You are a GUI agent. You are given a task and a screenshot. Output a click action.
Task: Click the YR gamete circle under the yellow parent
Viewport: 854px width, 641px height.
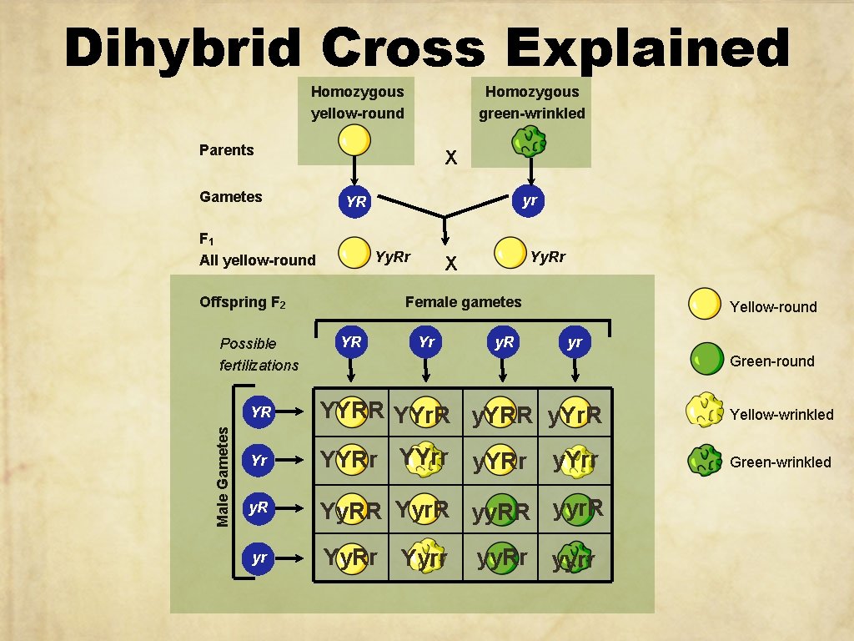click(355, 201)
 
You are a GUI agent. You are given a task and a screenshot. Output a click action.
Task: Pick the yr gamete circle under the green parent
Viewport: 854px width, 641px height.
click(528, 200)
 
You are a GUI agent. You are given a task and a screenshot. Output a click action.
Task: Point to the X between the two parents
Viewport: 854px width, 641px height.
click(450, 157)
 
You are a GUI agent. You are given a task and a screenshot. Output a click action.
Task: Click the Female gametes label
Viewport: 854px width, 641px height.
click(463, 302)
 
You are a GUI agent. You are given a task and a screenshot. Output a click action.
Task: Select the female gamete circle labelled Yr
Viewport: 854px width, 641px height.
click(426, 342)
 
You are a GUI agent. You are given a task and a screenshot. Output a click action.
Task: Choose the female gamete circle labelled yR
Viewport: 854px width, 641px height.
click(504, 342)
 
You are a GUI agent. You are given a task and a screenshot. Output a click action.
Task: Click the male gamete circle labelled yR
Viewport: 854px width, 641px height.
click(259, 508)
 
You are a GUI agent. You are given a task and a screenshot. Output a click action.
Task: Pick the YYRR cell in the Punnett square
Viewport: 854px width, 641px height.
click(353, 411)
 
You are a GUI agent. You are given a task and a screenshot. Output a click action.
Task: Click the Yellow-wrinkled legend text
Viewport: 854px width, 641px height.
click(781, 415)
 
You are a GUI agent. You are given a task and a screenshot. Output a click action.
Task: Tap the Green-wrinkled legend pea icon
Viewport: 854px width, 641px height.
click(705, 461)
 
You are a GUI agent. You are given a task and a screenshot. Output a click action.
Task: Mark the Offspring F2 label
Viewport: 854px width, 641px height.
click(243, 302)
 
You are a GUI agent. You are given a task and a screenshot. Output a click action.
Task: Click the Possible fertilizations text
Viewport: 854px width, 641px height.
click(259, 354)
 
